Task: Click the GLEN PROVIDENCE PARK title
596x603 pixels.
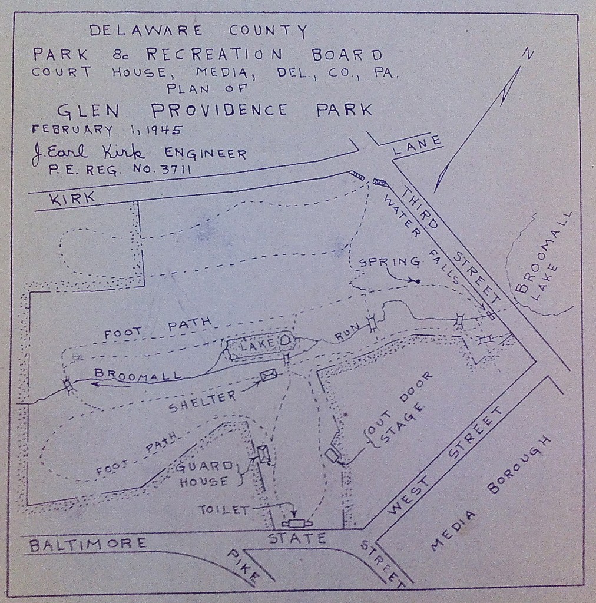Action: click(214, 110)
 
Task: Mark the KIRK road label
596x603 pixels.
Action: click(72, 198)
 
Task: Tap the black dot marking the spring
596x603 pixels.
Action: click(418, 281)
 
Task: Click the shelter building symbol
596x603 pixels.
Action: click(268, 374)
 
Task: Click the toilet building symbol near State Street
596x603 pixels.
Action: click(294, 524)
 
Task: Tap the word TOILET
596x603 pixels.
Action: click(224, 510)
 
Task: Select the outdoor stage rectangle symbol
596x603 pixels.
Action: click(332, 455)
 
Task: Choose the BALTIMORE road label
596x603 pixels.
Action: click(88, 544)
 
